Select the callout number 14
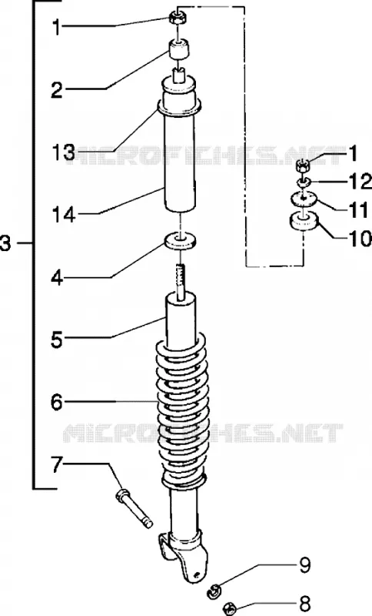(x=63, y=215)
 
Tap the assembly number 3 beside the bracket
(x=6, y=243)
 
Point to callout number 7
(x=57, y=465)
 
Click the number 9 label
(x=304, y=564)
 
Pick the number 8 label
(x=304, y=603)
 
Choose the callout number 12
(x=359, y=181)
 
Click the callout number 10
(x=360, y=239)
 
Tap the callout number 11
(x=358, y=210)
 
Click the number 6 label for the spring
(x=57, y=402)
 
